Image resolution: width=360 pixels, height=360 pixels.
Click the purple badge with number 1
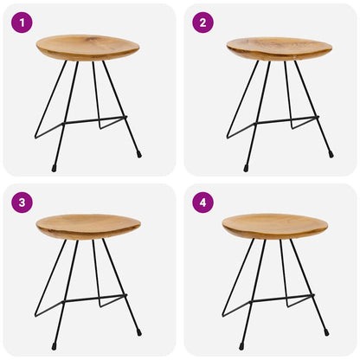pyautogui.click(x=22, y=22)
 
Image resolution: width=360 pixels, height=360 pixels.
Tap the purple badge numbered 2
pyautogui.click(x=202, y=22)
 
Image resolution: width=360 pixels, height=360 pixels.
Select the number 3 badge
pyautogui.click(x=22, y=202)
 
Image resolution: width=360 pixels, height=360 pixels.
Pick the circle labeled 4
pyautogui.click(x=202, y=202)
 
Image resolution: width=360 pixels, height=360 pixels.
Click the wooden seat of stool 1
pyautogui.click(x=87, y=47)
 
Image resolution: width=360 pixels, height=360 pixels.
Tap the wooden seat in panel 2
pyautogui.click(x=279, y=48)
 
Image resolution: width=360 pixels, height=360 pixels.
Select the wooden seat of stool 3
pyautogui.click(x=87, y=227)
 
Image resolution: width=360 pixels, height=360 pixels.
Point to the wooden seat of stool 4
pyautogui.click(x=274, y=226)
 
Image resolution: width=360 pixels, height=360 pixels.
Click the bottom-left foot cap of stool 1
pyautogui.click(x=54, y=167)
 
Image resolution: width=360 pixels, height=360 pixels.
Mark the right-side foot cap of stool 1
pyautogui.click(x=139, y=155)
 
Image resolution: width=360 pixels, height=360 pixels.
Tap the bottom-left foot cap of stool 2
pyautogui.click(x=245, y=167)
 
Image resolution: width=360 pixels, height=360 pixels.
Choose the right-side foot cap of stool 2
pyautogui.click(x=331, y=155)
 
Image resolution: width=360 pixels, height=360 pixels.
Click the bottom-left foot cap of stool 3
pyautogui.click(x=54, y=347)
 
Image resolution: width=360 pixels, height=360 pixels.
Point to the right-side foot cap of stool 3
pyautogui.click(x=139, y=333)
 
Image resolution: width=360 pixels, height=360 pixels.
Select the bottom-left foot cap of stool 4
pyautogui.click(x=241, y=347)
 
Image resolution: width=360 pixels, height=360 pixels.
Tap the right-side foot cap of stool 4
pyautogui.click(x=326, y=333)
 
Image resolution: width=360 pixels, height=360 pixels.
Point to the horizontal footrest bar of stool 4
pyautogui.click(x=282, y=299)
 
